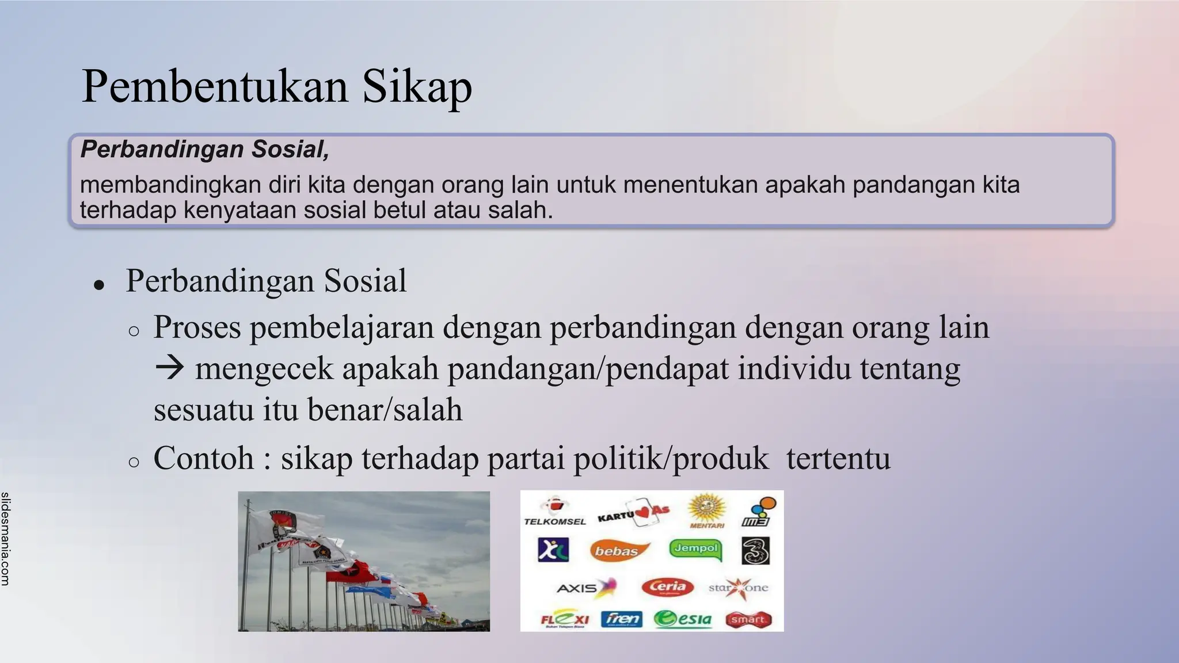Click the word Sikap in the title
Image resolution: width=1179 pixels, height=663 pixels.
[x=417, y=86]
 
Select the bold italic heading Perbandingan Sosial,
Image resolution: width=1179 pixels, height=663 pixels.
[x=205, y=149]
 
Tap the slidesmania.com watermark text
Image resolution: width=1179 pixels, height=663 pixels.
[x=5, y=539]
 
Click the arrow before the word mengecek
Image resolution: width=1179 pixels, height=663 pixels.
[x=170, y=368]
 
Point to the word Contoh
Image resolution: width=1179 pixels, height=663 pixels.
[x=204, y=458]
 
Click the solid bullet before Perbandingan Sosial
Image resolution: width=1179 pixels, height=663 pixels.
[x=100, y=284]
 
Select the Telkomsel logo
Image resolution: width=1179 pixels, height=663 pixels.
[x=554, y=512]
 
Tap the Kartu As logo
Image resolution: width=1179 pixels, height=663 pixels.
[x=633, y=513]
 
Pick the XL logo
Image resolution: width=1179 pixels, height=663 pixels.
[x=553, y=550]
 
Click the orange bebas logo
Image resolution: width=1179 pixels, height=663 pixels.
[x=618, y=551]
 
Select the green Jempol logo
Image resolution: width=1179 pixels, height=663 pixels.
[x=696, y=548]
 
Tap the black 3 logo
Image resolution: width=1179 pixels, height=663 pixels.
[x=755, y=551]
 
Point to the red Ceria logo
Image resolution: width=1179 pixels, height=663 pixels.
[x=668, y=587]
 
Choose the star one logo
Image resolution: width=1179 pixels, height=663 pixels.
[x=739, y=588]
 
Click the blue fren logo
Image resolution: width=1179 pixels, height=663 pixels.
[x=622, y=619]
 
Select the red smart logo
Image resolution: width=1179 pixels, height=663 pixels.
[x=748, y=620]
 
